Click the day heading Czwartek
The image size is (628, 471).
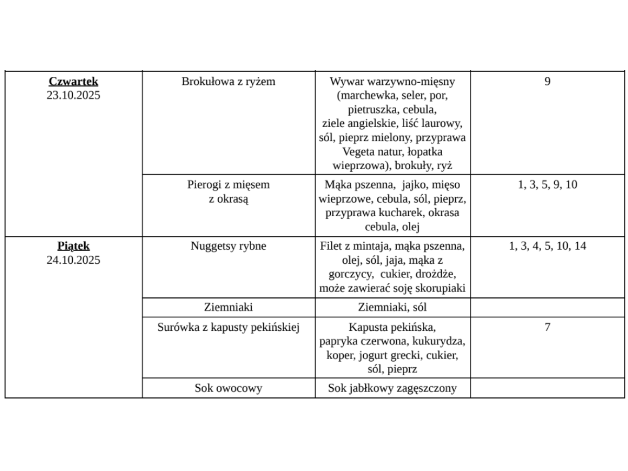(x=73, y=82)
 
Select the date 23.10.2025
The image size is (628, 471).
(x=73, y=95)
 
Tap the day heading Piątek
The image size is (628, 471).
(x=73, y=246)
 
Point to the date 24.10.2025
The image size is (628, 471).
(x=73, y=260)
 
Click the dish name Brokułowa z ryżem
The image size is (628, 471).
(x=228, y=82)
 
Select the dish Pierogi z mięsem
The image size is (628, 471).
(x=228, y=185)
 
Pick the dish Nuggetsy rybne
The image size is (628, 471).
(x=228, y=246)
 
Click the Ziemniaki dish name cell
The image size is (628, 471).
(x=228, y=308)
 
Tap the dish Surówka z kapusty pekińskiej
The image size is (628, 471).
(x=228, y=328)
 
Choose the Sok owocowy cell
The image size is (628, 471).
(x=228, y=388)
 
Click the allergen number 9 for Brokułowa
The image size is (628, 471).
(x=547, y=82)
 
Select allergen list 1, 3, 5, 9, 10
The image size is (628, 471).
(x=547, y=185)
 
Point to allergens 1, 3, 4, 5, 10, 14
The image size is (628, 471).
(x=547, y=246)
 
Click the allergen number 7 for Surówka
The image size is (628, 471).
(x=547, y=328)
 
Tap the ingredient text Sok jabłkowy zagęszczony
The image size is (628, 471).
(x=392, y=388)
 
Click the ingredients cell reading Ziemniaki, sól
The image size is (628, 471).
(x=392, y=308)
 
